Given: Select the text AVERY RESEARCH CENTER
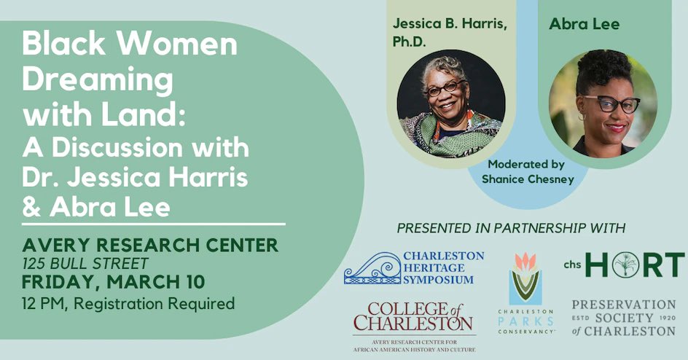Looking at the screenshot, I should click(150, 244).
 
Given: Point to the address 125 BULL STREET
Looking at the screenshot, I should click(85, 263).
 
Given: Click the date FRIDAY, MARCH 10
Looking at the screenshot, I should click(113, 281).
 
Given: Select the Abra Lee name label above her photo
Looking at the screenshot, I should click(585, 24).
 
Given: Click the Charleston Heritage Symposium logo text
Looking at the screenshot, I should click(443, 267).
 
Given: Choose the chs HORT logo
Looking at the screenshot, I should click(623, 265).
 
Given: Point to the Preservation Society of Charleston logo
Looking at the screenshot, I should click(623, 317).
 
